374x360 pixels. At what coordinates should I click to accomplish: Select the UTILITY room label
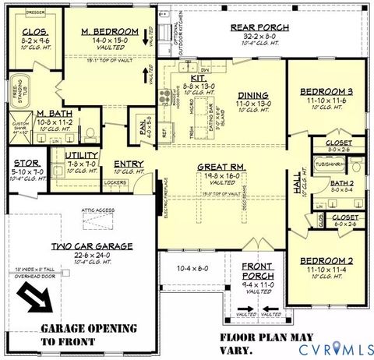pyautogui.click(x=80, y=156)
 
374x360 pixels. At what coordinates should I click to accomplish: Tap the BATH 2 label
pyautogui.click(x=342, y=182)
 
